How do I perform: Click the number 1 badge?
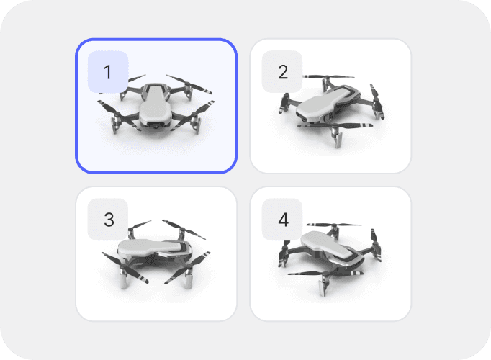pos(108,72)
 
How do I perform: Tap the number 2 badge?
pos(282,72)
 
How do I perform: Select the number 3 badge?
pos(108,220)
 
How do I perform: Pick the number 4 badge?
pos(282,220)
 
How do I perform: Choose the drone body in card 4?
pos(333,248)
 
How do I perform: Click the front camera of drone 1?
pos(156,125)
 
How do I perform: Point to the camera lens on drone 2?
pos(305,120)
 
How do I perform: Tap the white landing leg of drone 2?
pos(338,139)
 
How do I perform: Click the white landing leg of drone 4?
pos(323,287)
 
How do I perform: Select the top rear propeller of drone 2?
pos(328,77)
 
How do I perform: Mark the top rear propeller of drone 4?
pos(333,225)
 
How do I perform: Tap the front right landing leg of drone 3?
pos(188,279)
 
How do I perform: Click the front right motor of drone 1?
pos(195,120)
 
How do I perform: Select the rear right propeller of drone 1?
pos(189,84)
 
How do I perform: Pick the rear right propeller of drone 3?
pos(184,230)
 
